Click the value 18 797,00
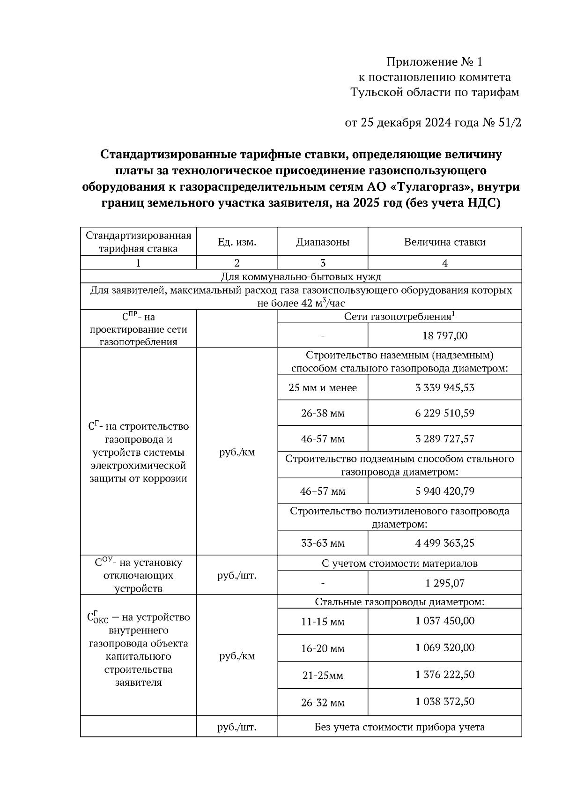444,336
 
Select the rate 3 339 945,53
444,387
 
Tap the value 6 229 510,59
444,413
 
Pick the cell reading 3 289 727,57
444,439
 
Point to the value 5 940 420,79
444,491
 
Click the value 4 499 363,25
444,543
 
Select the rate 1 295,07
444,583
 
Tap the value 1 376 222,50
444,675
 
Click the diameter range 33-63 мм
323,543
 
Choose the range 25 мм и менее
323,388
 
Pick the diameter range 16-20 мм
323,648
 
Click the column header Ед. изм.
237,242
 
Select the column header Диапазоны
323,242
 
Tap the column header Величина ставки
444,242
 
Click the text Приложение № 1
434,62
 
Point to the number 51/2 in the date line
508,123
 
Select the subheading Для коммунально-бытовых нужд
301,276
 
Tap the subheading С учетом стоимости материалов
399,564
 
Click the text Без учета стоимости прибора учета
399,727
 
